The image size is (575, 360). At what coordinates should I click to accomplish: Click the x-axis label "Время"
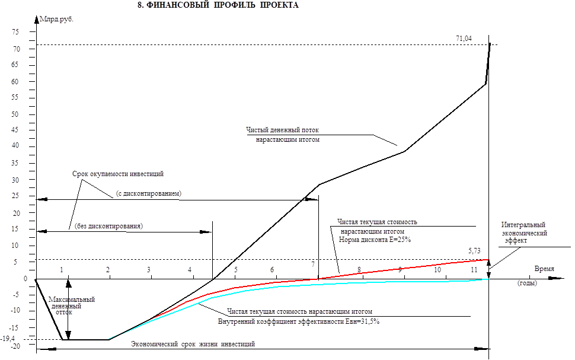[545, 269]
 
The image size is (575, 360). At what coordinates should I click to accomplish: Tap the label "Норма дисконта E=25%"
[375, 240]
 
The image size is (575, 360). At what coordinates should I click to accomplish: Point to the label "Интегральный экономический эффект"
[523, 233]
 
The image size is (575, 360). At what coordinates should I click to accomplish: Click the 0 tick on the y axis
[25, 278]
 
